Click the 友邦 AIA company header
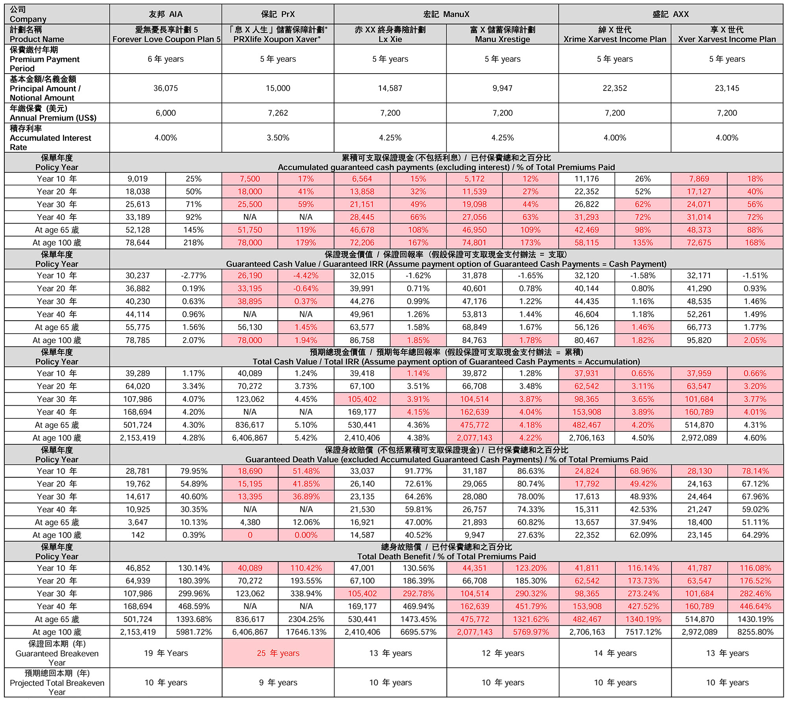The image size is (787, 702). coord(166,14)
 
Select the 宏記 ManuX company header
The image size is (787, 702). coord(446,14)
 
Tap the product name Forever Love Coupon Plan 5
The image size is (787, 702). coord(166,39)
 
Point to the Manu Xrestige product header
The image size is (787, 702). coord(502,39)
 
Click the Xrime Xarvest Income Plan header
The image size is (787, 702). coord(615,39)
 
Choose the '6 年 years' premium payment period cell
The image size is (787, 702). coord(166,59)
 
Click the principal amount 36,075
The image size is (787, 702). coord(166,88)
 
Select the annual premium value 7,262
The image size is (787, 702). coord(278,113)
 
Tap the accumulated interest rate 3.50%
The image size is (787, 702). coord(278,138)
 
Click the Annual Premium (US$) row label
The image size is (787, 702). coord(53,113)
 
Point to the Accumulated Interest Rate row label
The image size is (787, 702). coord(50,138)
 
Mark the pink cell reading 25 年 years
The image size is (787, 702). coord(278,653)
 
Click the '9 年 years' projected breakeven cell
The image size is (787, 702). coord(278,682)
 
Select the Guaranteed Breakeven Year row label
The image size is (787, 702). coord(57,653)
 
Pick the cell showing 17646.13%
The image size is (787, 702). coord(306,632)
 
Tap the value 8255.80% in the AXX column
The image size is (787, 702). coord(755,632)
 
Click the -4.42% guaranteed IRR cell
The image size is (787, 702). coord(306,275)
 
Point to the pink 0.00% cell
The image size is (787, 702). coord(306,535)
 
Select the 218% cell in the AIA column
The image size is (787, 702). coord(194,242)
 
